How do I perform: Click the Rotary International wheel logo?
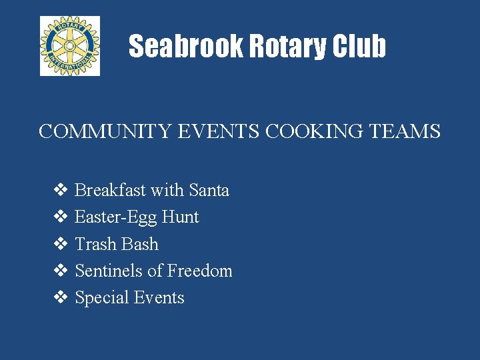70,46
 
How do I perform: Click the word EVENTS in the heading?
219,131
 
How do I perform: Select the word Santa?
209,191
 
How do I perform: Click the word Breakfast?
111,191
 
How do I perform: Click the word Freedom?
199,271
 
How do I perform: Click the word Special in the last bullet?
101,298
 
